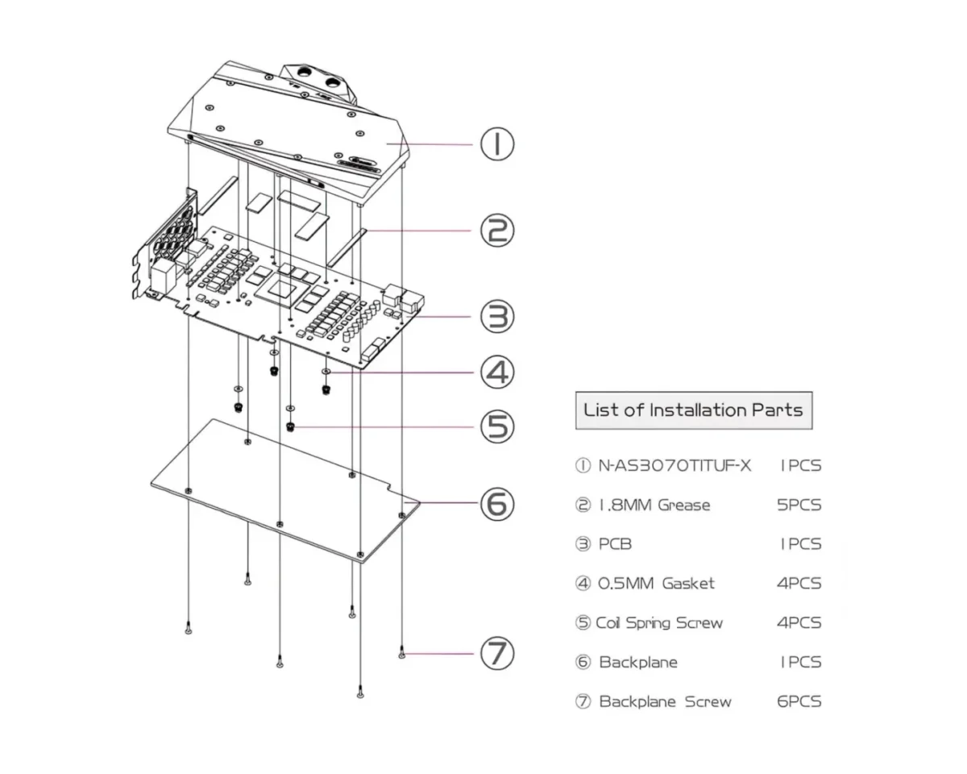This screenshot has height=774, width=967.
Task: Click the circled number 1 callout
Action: (x=497, y=145)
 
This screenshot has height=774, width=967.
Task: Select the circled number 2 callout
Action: (x=497, y=231)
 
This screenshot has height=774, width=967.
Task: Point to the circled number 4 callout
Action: (x=497, y=372)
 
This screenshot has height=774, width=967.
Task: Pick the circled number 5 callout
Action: (x=497, y=425)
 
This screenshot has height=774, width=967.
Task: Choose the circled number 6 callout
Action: (x=497, y=504)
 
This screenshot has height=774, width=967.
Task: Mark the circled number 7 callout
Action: (x=497, y=653)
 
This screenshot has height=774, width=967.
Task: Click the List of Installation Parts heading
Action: (x=693, y=410)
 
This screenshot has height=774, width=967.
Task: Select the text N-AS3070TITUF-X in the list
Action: (x=674, y=466)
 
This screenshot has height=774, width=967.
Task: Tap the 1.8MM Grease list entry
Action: (x=654, y=506)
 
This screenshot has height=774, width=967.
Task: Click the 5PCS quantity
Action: (x=799, y=506)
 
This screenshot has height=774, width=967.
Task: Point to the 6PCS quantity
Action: (x=799, y=701)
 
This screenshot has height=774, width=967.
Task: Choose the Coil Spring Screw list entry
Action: (x=659, y=623)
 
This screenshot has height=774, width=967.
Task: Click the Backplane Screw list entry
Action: (x=665, y=701)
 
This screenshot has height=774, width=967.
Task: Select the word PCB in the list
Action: (x=615, y=544)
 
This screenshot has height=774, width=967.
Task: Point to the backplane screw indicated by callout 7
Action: (x=402, y=655)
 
